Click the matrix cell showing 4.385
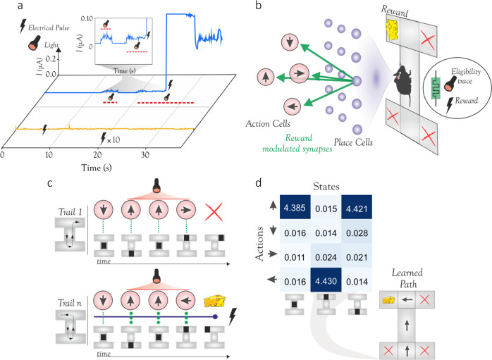295,207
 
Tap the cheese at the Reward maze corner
392,30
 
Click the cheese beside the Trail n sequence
215,301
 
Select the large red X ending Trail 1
214,212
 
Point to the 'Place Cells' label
353,142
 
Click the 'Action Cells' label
268,123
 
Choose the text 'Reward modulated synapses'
297,143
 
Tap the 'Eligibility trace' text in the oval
466,76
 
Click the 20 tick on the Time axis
97,154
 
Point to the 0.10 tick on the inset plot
87,18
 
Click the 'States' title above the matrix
326,187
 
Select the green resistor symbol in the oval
436,88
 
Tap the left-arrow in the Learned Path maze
407,299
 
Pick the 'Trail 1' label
70,212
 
